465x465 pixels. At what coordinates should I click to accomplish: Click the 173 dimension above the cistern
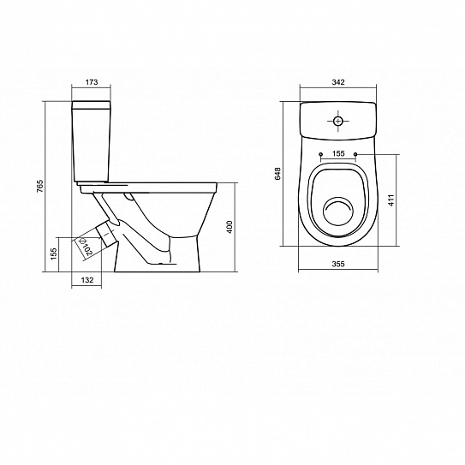click(92, 82)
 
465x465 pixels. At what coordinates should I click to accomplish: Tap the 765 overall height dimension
click(40, 186)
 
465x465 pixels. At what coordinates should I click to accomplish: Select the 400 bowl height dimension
click(230, 227)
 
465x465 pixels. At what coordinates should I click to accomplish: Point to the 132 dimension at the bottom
click(87, 280)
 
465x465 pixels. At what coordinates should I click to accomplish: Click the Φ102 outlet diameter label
click(86, 247)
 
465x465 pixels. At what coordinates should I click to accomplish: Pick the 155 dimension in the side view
click(54, 253)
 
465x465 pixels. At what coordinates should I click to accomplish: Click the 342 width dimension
click(338, 82)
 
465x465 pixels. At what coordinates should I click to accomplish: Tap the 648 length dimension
click(277, 174)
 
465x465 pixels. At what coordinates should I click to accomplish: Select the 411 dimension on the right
click(391, 200)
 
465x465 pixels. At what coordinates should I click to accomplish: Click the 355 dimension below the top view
click(338, 264)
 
